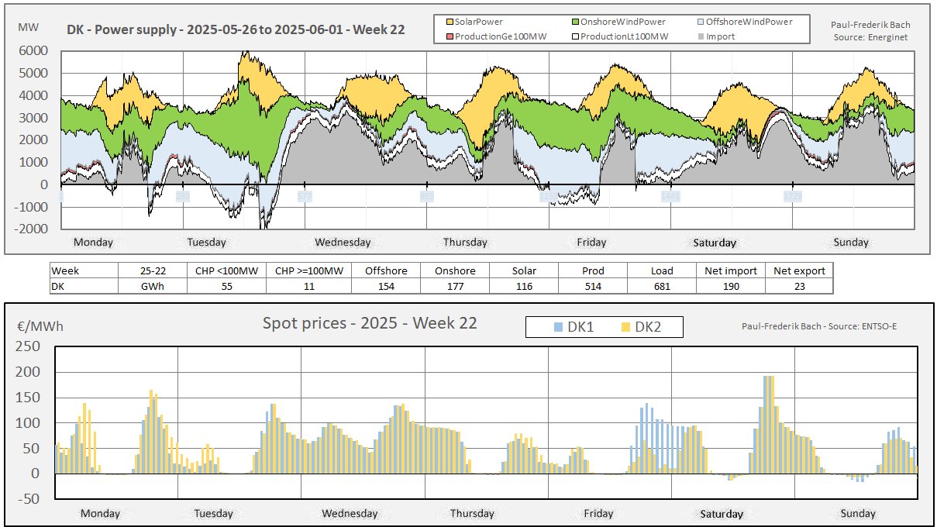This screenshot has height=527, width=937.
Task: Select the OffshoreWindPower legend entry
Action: point(749,22)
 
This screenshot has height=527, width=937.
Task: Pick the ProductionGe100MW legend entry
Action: point(489,36)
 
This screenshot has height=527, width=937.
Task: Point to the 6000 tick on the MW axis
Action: point(33,51)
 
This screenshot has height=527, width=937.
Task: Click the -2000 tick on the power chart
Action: point(31,229)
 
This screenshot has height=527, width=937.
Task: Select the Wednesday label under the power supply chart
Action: point(343,243)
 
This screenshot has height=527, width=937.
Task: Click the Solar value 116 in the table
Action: point(524,286)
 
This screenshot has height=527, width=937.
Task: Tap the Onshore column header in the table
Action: point(455,271)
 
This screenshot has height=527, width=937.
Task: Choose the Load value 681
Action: point(662,286)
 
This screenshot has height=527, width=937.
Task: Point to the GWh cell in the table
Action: point(152,286)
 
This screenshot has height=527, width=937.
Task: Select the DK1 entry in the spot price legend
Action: point(573,328)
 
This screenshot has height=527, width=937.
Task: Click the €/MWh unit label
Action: point(40,326)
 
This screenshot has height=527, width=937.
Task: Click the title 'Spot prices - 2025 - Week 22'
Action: point(370,323)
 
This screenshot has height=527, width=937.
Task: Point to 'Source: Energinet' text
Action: point(870,36)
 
